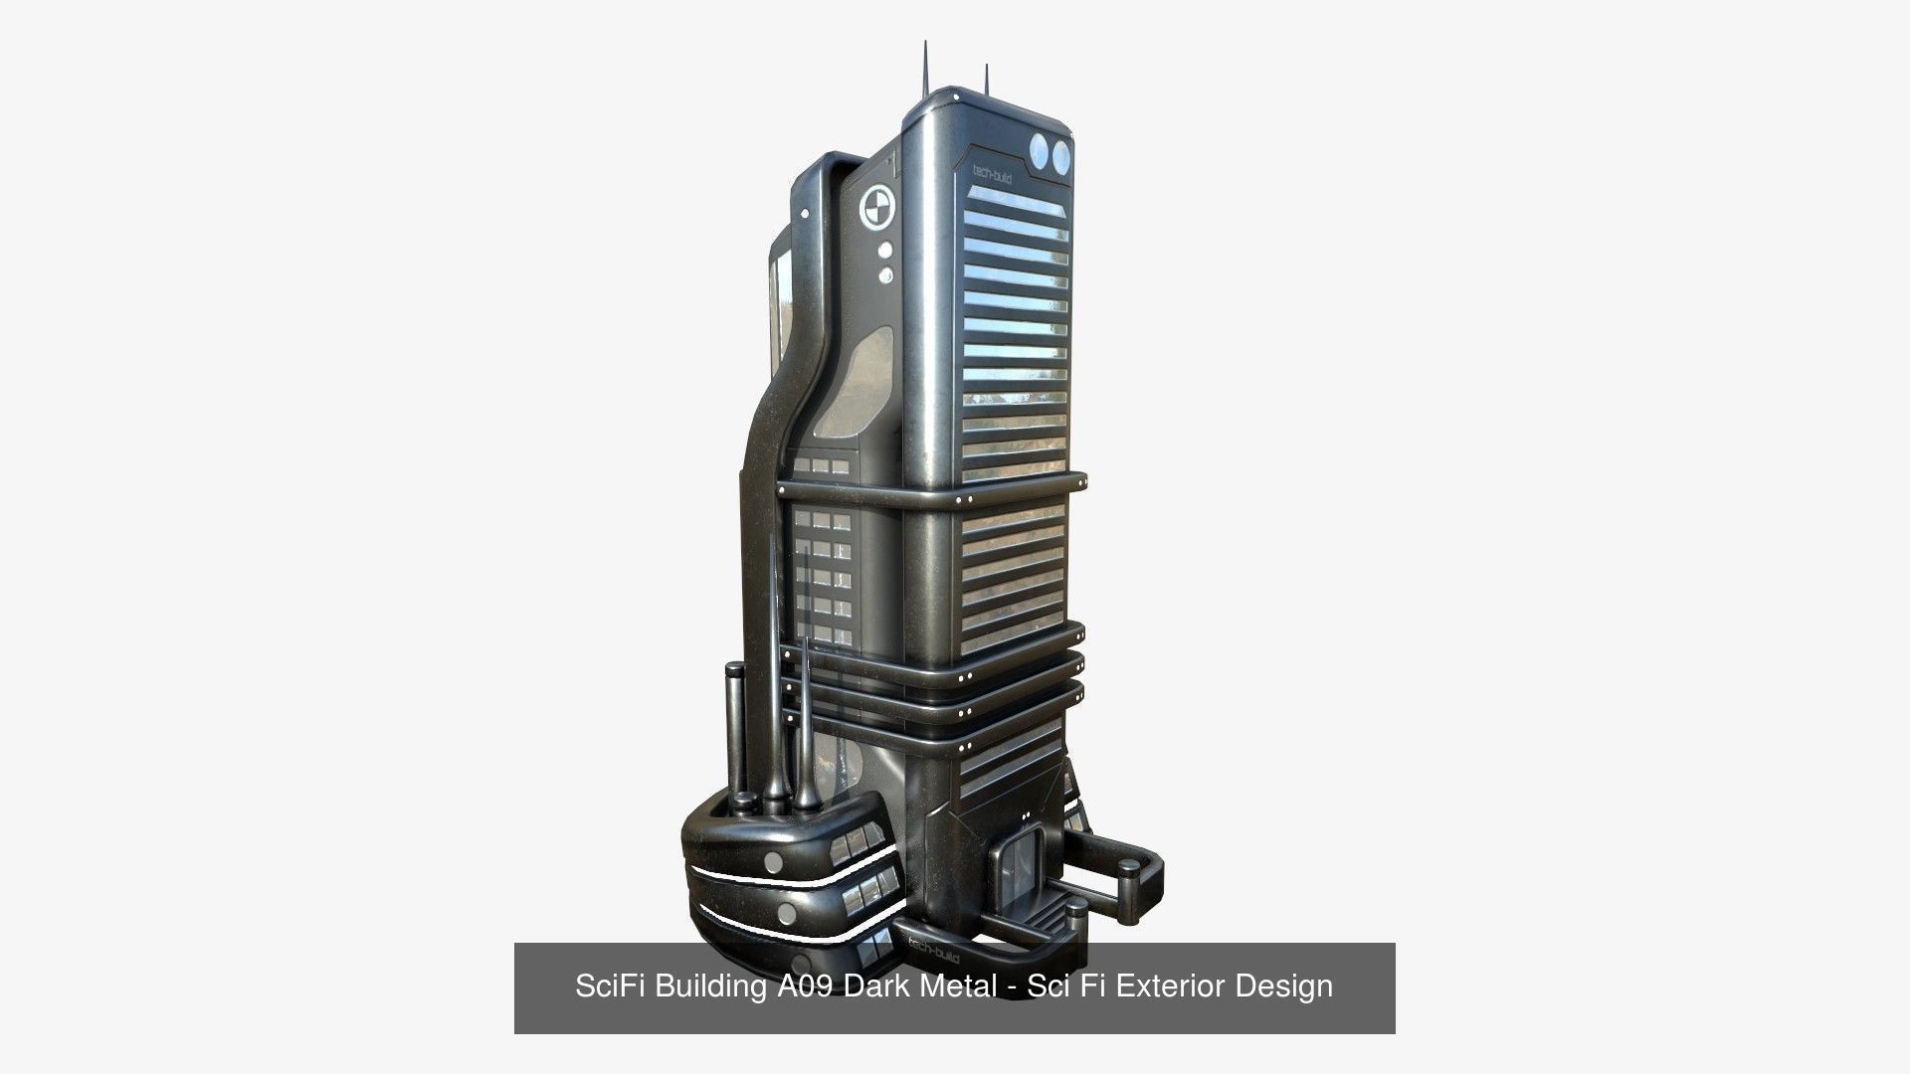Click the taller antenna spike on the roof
click(x=925, y=70)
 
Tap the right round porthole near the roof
click(x=1061, y=155)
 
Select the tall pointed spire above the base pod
click(x=775, y=656)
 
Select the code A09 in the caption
click(x=802, y=986)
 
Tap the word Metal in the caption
click(x=960, y=986)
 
